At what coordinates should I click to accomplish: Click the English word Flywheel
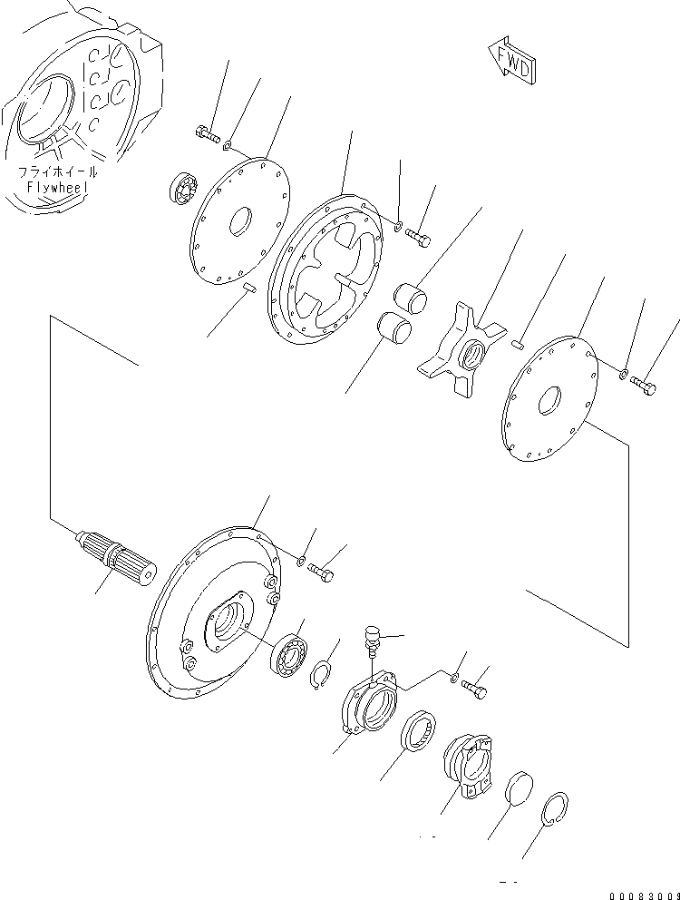[x=56, y=187]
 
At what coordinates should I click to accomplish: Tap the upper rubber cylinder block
[x=410, y=298]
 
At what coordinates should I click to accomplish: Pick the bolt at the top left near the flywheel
[x=208, y=135]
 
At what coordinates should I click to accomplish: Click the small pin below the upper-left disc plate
[x=251, y=289]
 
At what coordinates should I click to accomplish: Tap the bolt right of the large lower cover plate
[x=322, y=572]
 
